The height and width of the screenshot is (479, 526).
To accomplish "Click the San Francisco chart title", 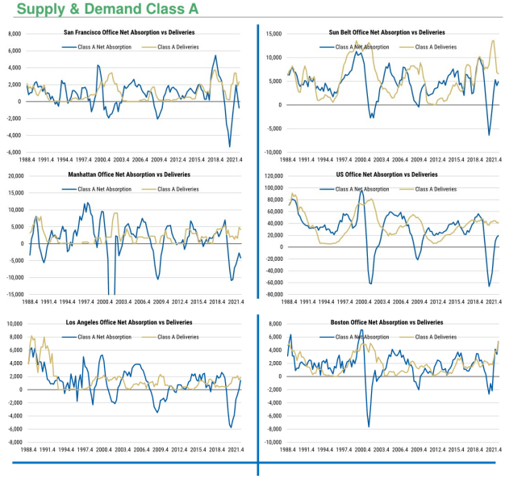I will pyautogui.click(x=129, y=32).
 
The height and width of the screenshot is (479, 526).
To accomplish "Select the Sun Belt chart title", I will pyautogui.click(x=386, y=32).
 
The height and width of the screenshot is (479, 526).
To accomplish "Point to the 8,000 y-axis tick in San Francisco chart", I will pyautogui.click(x=15, y=34).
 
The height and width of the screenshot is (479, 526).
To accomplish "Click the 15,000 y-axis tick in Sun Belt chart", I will pyautogui.click(x=272, y=34).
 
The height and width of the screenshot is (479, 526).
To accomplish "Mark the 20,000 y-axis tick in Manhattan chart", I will pyautogui.click(x=14, y=175).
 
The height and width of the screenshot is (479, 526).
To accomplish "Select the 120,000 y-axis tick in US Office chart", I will pyautogui.click(x=270, y=175).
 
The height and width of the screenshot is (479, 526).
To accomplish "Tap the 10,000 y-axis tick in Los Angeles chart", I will pyautogui.click(x=14, y=323).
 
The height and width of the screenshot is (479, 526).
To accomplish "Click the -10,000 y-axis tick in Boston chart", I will pyautogui.click(x=271, y=443).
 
